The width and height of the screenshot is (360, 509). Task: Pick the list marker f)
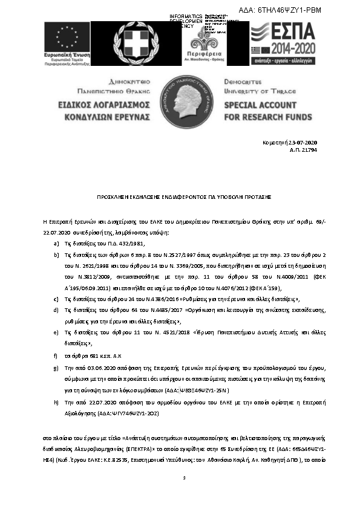click(x=56, y=355)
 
